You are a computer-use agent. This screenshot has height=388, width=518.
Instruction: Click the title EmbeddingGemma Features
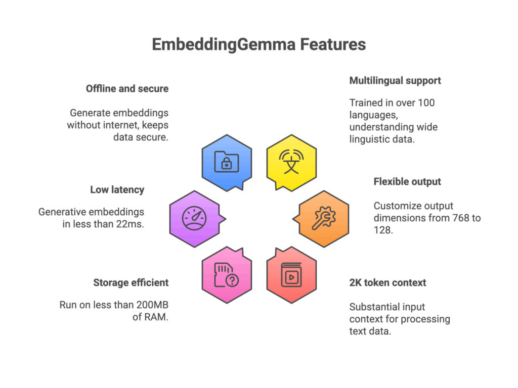258,44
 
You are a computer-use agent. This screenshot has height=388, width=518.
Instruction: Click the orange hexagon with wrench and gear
324,219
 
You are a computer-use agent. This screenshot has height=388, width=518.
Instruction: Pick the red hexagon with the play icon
291,275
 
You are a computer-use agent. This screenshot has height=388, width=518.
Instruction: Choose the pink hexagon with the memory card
227,275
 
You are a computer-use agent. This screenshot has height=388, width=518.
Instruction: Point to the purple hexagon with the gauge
194,219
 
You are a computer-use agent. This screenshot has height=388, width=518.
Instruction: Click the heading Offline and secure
127,88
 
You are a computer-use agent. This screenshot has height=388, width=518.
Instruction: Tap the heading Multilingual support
395,80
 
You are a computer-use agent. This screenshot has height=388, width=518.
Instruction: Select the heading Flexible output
407,181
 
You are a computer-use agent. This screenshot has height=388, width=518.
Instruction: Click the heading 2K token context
387,282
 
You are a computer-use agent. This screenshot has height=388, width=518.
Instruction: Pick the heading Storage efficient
131,282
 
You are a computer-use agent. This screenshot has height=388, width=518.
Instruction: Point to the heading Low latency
117,190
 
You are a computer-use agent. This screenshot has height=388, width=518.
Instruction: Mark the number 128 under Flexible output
384,231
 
